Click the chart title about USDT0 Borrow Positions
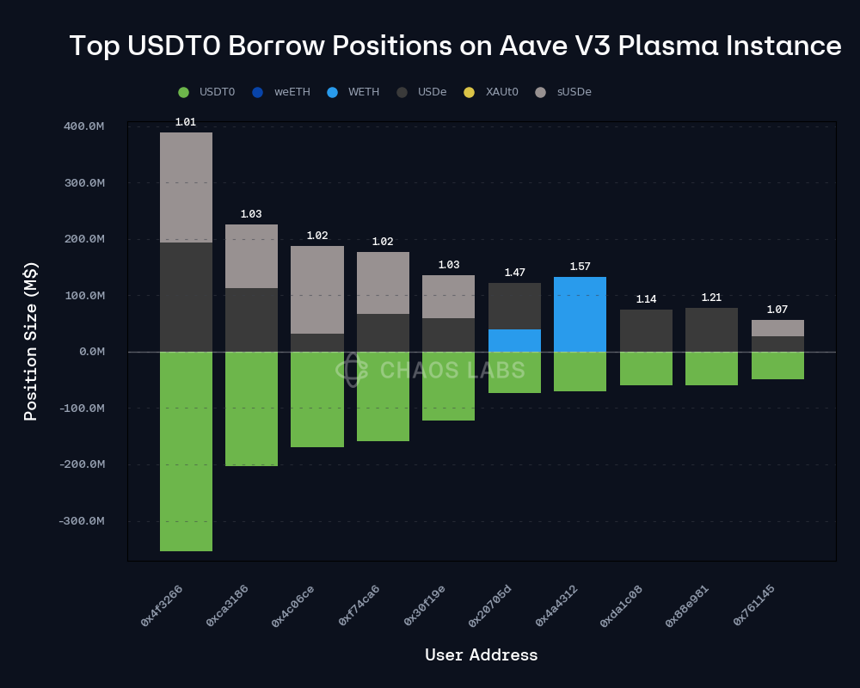pos(455,46)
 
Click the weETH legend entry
pos(283,92)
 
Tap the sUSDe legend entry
pos(564,92)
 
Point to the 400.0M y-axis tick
pos(83,126)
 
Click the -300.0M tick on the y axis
pos(81,521)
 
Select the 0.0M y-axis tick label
pos(91,352)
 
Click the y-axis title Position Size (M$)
pos(31,341)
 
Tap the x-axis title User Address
pos(481,655)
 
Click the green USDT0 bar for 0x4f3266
pos(186,451)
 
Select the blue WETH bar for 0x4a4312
pos(580,314)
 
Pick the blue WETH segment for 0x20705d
pos(514,341)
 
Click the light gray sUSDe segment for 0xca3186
pos(251,256)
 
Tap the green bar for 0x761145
pos(777,365)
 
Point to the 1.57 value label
pos(580,267)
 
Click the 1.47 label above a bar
pos(514,273)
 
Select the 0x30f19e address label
pos(425,605)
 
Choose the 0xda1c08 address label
pos(621,605)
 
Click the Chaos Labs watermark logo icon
pos(352,370)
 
